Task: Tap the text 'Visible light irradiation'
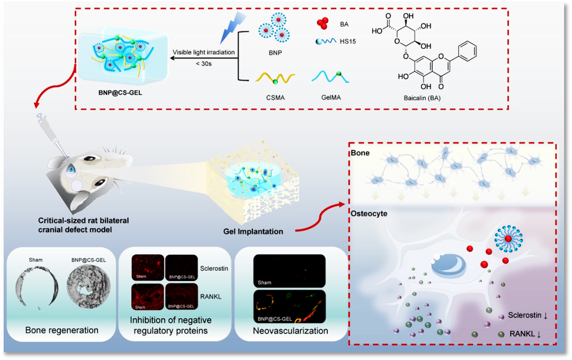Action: [x=203, y=52]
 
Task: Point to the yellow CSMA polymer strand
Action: [x=275, y=78]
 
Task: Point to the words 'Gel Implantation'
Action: [x=253, y=231]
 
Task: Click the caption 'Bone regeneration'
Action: [x=62, y=330]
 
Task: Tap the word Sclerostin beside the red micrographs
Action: [x=215, y=268]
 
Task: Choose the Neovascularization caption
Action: [x=290, y=331]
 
